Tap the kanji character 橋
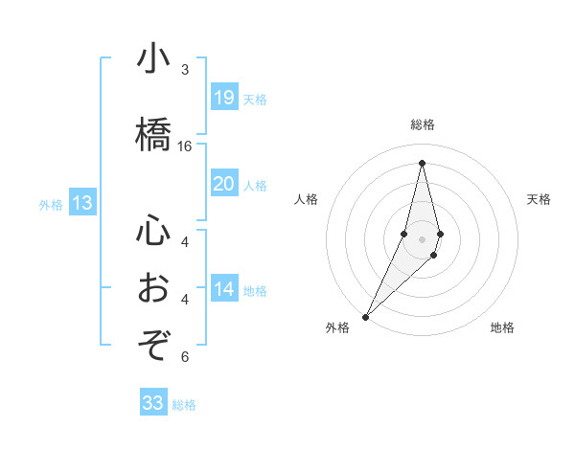coord(153,134)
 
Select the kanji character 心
coord(153,231)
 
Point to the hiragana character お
coord(153,288)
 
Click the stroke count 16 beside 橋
coord(185,146)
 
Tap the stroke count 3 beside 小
coord(185,70)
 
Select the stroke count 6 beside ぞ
coord(185,358)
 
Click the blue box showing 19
coord(223,97)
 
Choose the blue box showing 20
coord(223,184)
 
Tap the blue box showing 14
coord(223,289)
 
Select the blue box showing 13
coord(81,203)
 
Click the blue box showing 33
coord(153,403)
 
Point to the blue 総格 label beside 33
coord(184,405)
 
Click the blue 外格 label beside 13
coord(51,204)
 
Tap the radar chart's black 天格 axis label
coord(540,199)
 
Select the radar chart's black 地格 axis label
coord(502,328)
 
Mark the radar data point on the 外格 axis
coord(365,316)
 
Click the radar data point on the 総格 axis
coord(422,163)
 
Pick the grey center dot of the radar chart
coord(422,238)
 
